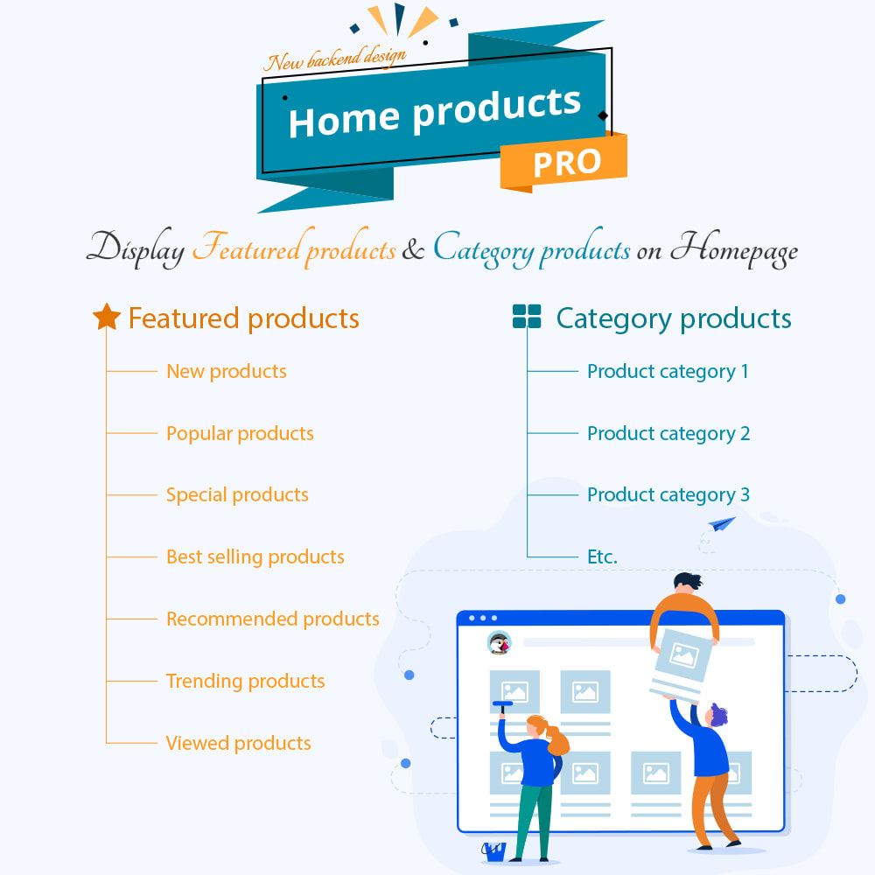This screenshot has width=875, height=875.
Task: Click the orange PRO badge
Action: coord(563,162)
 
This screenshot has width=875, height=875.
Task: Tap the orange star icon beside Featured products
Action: coord(107,317)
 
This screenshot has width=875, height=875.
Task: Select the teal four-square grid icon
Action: coord(527,317)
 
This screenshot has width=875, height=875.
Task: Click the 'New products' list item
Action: coord(227,371)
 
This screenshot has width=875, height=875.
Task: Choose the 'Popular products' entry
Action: coord(240,434)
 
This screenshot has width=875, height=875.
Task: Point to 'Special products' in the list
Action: coord(237,495)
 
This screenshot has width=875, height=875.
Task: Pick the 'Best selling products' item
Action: coord(255,556)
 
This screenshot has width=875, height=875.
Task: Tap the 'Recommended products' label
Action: coord(273,619)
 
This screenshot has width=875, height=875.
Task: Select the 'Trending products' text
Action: coord(246,682)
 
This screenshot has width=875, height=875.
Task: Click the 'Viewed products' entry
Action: coord(238,743)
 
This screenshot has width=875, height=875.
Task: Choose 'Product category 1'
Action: coord(668,372)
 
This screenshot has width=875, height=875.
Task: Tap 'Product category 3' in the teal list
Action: coord(668,495)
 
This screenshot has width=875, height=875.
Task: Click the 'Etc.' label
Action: coord(602,556)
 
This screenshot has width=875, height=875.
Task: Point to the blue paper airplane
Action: coord(722,524)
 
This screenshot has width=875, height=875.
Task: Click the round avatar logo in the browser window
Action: coord(499,643)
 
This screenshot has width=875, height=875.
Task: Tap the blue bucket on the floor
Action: coord(493,851)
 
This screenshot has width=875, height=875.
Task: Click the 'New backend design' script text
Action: coord(335,59)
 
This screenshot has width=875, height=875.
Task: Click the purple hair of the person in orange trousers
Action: coord(718,714)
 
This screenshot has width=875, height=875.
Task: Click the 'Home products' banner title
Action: coord(435,112)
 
